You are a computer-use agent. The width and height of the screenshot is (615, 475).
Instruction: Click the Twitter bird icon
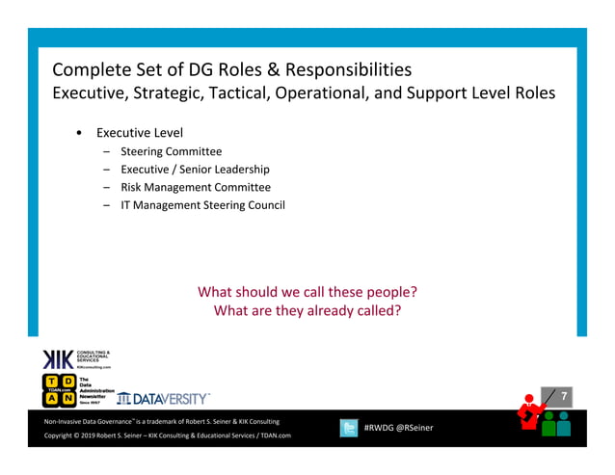coord(349,428)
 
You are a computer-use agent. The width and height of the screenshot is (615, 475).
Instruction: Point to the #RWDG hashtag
coord(382,428)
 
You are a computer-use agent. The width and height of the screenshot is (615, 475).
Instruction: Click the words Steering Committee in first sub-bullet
coord(171,151)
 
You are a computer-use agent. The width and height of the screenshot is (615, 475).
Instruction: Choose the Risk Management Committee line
coord(196,187)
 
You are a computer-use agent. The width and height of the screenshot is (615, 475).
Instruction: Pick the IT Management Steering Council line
coord(202,205)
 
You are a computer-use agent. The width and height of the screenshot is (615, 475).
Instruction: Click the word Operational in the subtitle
coord(380,93)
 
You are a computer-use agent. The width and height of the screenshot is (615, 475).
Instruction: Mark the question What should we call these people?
coord(307,292)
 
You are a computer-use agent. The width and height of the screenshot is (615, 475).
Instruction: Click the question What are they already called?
coord(307,311)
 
